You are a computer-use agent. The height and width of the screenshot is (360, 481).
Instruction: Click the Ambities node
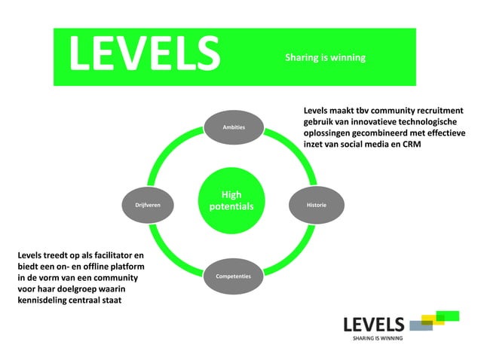click(234, 127)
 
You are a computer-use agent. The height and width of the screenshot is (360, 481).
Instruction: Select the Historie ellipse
click(316, 204)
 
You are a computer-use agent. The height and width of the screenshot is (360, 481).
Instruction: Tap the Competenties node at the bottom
click(233, 276)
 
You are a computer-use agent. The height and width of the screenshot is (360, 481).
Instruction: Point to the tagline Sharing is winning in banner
click(325, 57)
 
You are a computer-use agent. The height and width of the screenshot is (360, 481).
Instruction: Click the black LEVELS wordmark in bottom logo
click(374, 325)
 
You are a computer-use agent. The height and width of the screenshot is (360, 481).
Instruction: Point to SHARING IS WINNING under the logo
click(378, 339)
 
